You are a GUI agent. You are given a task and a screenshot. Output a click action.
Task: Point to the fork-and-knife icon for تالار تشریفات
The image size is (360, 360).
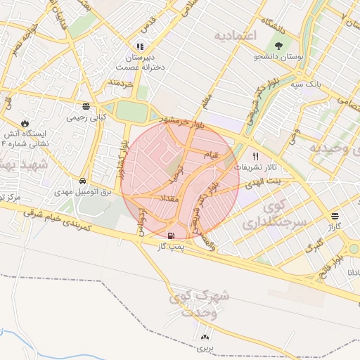(255, 157)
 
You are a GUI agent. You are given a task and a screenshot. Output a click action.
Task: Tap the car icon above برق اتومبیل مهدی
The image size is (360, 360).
(83, 181)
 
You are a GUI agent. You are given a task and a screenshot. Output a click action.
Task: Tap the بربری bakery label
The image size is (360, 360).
(204, 348)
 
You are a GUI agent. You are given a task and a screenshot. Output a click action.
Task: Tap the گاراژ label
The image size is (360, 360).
(333, 228)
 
